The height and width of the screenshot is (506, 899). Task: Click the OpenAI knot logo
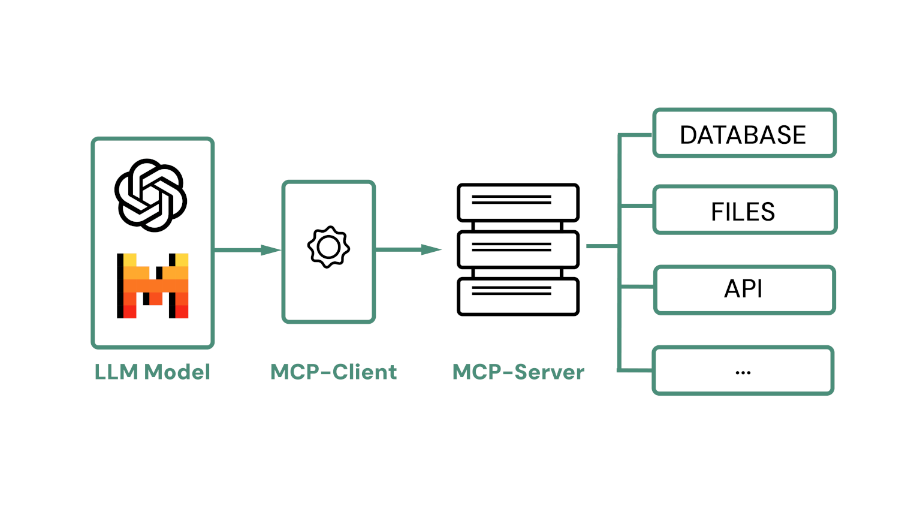point(151,195)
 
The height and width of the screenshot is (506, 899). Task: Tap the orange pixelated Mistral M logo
point(153,286)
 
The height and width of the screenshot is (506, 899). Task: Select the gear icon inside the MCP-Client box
point(328,247)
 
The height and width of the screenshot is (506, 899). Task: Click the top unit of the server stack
point(518,203)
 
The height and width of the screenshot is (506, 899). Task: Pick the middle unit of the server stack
point(518,249)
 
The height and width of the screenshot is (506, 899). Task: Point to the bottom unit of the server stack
point(518,296)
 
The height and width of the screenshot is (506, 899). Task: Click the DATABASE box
point(744,134)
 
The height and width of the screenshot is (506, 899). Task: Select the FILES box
point(744,210)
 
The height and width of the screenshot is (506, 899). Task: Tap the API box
point(744,290)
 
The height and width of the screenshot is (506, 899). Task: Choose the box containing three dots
point(743,371)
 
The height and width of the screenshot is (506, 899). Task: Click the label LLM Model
point(152,372)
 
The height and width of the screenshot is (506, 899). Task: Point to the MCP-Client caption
point(333,372)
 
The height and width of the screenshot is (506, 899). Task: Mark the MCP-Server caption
point(518,372)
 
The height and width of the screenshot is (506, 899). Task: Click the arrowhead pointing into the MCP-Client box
point(271,250)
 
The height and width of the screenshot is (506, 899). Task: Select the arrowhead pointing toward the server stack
point(431,250)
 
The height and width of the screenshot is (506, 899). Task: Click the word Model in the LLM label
point(177,372)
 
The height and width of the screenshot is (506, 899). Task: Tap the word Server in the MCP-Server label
point(549,372)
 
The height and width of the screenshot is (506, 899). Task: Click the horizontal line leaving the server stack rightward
point(602,246)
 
